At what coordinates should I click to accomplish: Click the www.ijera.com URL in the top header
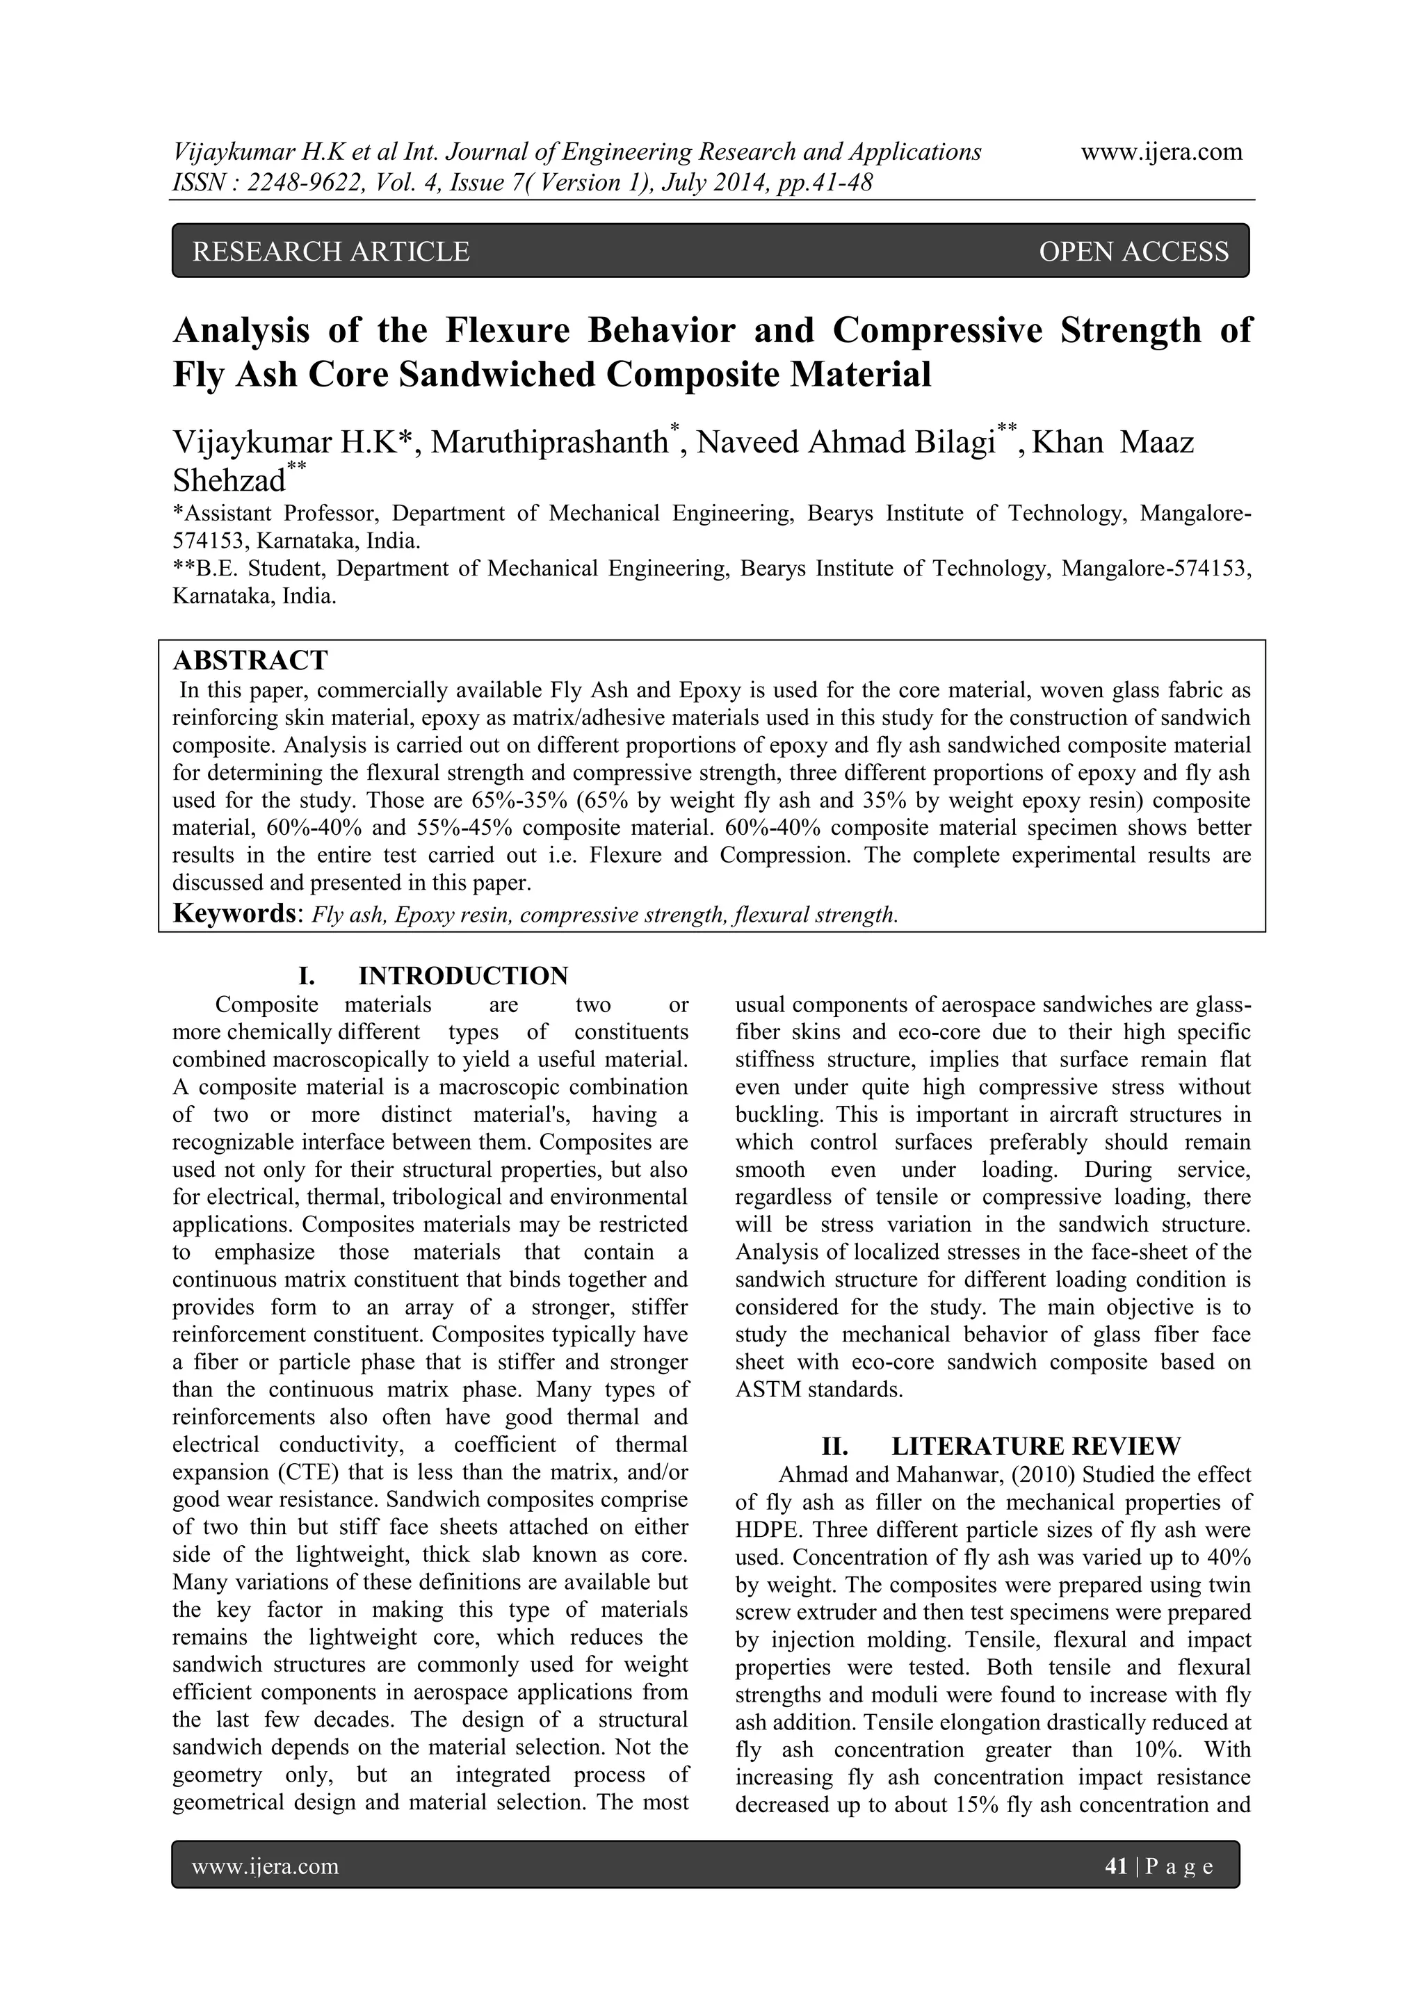(x=1161, y=152)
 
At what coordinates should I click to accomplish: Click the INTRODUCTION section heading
(x=463, y=976)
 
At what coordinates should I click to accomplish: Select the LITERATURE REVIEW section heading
(x=1035, y=1446)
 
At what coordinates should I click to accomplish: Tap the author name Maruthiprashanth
(x=549, y=442)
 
